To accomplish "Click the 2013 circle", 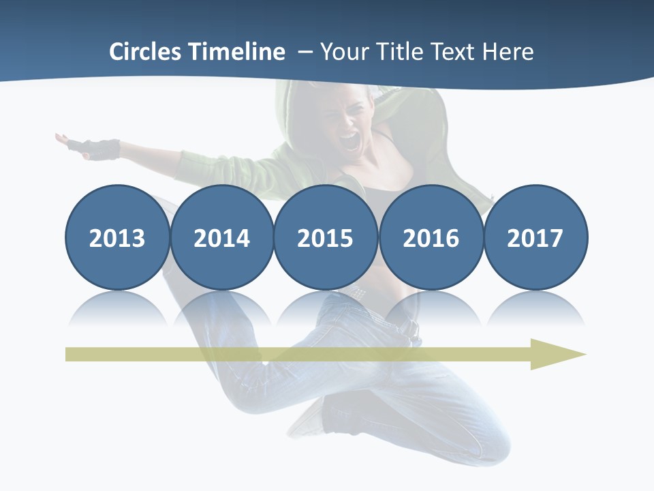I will (117, 237).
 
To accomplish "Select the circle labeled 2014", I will (221, 237).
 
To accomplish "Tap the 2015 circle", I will (326, 237).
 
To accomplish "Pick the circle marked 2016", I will (431, 237).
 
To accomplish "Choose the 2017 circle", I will (535, 237).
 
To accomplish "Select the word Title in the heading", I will (398, 52).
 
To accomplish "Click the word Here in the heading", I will (508, 52).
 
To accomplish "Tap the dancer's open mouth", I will (349, 142).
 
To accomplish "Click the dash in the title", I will (305, 52).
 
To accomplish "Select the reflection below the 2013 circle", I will (117, 310).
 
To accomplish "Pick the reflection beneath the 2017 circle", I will (535, 310).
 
